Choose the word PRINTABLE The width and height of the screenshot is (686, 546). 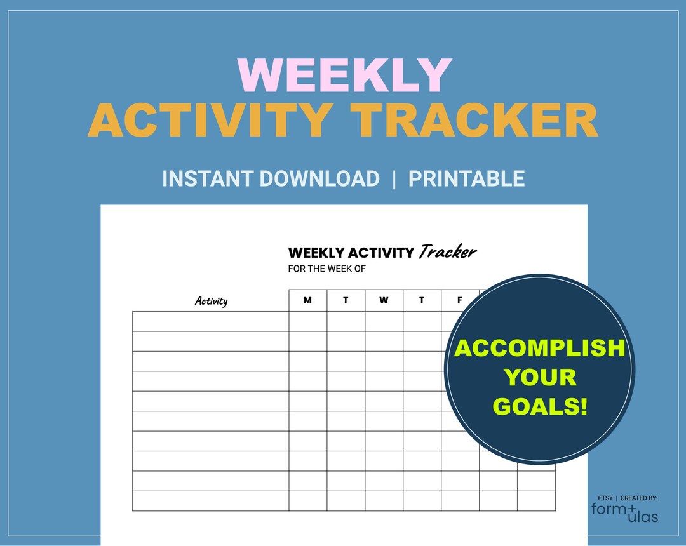pos(466,178)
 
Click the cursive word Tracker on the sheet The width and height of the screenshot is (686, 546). pos(447,252)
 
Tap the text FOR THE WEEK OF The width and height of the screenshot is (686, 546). pos(326,269)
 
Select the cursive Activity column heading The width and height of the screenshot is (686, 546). pos(211,301)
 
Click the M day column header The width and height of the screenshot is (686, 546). pos(307,300)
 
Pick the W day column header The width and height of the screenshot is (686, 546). pos(384,300)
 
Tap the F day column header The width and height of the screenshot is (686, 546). pos(460,300)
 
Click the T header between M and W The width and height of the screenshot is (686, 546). pos(346,300)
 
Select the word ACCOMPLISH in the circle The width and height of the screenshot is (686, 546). pos(539,348)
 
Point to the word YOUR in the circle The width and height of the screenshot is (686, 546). pos(540,377)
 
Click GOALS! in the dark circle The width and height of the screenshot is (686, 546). pos(540,406)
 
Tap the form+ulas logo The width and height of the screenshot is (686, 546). pos(625,511)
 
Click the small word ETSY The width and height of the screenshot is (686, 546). pos(605,498)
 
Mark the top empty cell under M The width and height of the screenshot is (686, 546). pos(307,321)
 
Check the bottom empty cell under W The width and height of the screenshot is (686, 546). pos(384,501)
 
